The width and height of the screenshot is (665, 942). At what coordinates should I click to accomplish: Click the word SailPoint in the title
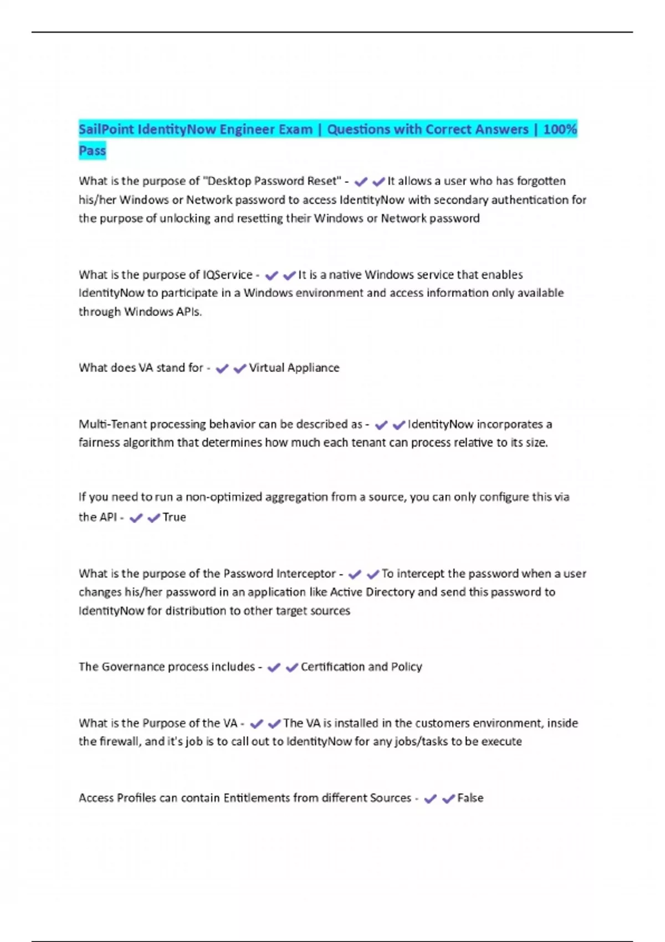click(106, 130)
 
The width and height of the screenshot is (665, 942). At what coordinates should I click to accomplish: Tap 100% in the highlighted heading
click(560, 130)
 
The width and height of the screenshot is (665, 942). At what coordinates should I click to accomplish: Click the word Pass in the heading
click(92, 151)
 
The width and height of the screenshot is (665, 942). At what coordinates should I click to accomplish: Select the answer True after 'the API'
click(174, 517)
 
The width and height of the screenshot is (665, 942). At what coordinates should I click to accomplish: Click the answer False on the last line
click(470, 798)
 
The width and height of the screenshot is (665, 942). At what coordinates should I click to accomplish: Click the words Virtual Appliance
click(294, 368)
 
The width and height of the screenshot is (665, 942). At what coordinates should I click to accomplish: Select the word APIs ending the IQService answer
click(188, 312)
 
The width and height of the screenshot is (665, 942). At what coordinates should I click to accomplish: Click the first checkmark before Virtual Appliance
click(222, 368)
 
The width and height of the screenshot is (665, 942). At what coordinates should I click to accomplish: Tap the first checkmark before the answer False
click(430, 798)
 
